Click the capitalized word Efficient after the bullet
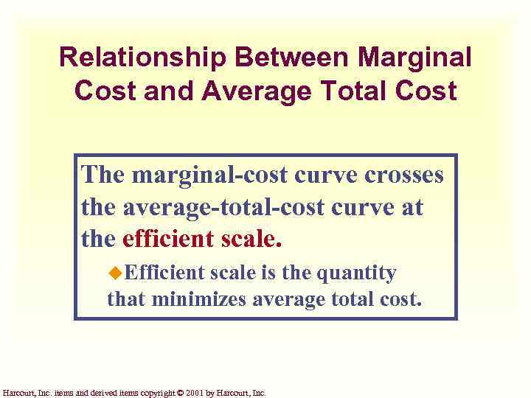164,273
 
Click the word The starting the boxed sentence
103,175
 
